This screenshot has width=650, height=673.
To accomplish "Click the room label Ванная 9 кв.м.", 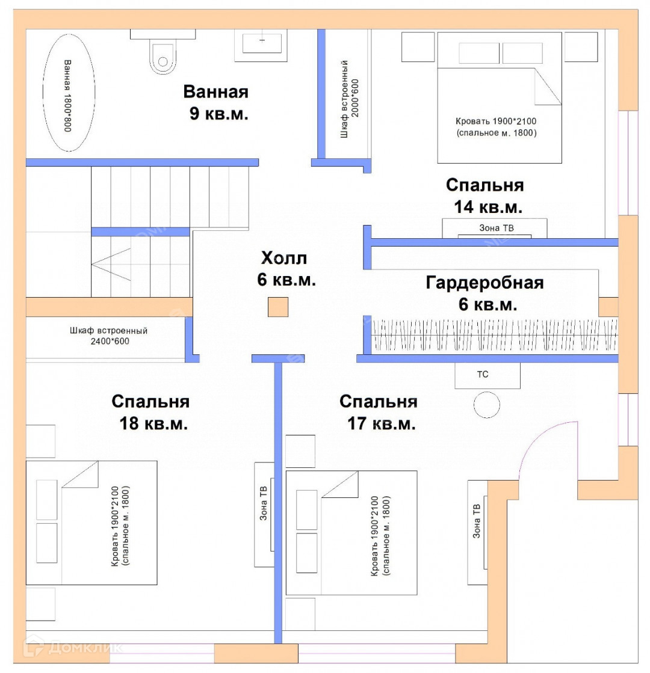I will [216, 103].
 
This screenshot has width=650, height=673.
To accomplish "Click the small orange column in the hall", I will [278, 307].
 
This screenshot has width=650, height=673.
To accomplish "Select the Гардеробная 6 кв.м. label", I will [484, 293].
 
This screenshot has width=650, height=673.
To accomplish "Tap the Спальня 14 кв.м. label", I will [484, 195].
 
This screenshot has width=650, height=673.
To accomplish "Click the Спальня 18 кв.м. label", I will [151, 412].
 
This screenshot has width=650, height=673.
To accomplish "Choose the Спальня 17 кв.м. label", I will [379, 412].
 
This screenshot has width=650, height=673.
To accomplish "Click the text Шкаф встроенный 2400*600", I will [108, 336].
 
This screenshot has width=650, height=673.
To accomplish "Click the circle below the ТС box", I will [486, 405].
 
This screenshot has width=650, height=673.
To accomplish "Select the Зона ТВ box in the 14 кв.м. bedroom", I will [495, 228].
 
